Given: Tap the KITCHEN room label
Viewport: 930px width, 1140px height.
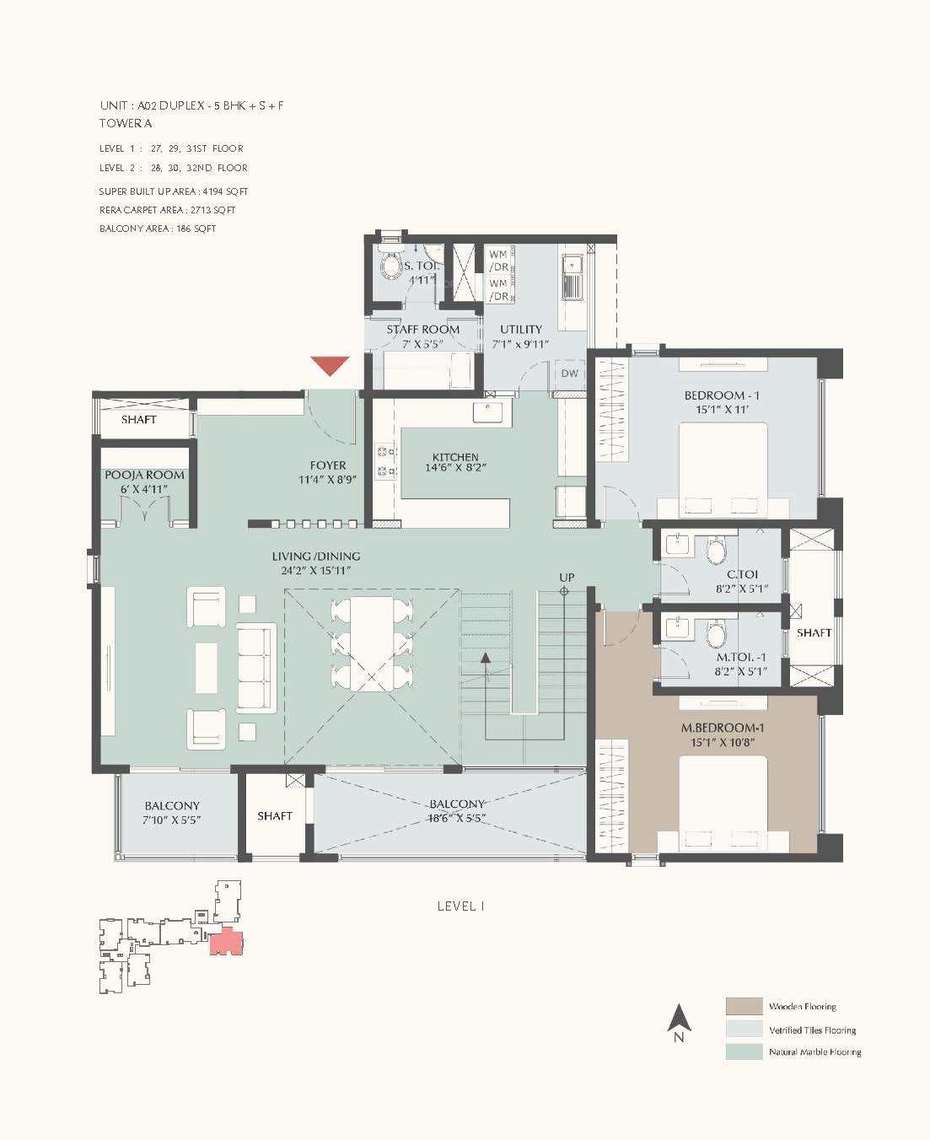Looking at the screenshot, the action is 455,457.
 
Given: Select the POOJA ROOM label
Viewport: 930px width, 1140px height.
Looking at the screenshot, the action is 144,475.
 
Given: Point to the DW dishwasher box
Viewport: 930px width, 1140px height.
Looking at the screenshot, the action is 570,373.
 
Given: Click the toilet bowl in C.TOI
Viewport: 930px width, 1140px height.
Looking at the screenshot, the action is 717,551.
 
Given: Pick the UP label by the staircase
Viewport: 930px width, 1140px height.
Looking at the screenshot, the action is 567,578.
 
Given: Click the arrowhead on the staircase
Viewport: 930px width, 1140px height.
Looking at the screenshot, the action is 486,658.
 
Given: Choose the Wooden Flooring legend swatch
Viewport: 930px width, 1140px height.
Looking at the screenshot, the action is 745,1007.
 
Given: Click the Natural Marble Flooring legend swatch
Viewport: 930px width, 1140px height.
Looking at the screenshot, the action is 745,1052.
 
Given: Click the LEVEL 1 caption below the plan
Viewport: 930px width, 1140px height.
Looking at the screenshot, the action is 460,906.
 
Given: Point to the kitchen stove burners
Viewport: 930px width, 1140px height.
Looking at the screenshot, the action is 385,461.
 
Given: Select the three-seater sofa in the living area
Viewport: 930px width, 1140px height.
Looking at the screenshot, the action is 255,666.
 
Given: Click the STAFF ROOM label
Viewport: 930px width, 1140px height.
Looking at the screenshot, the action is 422,329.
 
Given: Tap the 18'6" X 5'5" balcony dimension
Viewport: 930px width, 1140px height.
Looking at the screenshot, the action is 455,819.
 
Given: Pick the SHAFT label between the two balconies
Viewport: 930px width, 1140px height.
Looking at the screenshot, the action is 275,815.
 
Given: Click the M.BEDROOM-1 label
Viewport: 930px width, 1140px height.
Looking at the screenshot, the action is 722,728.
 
